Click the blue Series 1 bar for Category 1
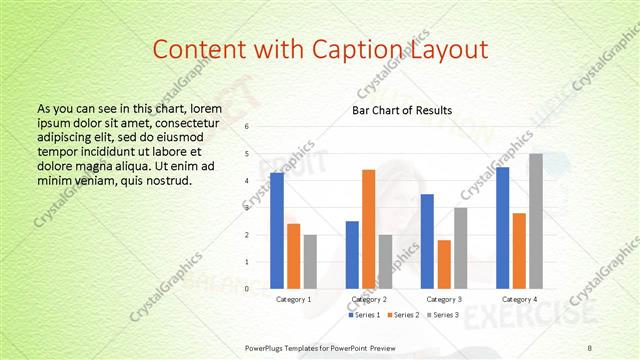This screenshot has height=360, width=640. [x=277, y=231]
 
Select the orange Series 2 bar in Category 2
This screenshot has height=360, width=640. [x=369, y=229]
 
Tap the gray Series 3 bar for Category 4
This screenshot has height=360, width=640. [x=536, y=221]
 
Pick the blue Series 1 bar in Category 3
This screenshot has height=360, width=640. [x=427, y=241]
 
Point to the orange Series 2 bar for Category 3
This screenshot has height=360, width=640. [x=444, y=264]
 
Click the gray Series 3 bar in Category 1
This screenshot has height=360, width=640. [x=310, y=262]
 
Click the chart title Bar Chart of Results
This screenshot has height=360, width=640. [x=402, y=110]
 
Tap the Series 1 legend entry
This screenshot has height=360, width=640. [x=366, y=315]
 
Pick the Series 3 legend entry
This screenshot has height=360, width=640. [x=443, y=315]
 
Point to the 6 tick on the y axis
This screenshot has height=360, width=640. [x=247, y=127]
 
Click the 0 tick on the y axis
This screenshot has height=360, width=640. [x=247, y=289]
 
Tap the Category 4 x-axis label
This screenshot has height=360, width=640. [x=519, y=299]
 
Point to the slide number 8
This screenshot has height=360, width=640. [x=590, y=346]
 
